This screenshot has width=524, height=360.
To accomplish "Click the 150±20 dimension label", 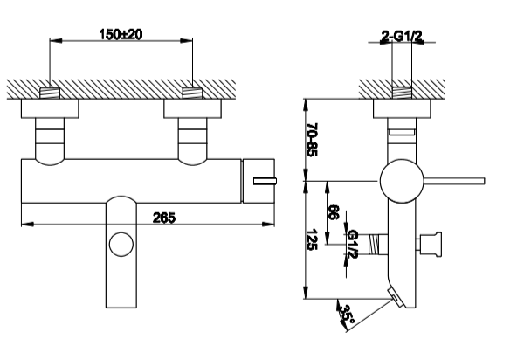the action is click(x=121, y=34).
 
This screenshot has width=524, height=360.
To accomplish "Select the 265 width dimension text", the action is click(x=164, y=218).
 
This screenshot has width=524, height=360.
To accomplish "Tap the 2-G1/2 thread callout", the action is click(x=402, y=36).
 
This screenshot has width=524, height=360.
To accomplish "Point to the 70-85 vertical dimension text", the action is click(x=312, y=140).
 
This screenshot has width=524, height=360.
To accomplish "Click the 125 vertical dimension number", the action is click(x=312, y=239).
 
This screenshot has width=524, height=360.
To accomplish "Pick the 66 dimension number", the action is click(x=334, y=212).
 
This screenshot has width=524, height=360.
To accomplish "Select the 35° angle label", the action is click(x=347, y=315).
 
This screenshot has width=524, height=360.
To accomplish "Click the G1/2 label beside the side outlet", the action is click(x=352, y=244).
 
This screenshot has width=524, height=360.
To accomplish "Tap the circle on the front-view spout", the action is click(x=121, y=245).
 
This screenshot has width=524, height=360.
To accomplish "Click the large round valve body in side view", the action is click(x=402, y=181).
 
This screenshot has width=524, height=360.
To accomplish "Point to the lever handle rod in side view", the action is click(x=454, y=181).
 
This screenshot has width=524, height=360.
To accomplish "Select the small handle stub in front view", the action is click(x=265, y=181).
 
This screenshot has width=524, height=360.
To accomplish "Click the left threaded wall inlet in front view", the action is click(x=50, y=93).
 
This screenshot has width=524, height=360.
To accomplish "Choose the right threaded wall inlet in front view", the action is click(x=192, y=93).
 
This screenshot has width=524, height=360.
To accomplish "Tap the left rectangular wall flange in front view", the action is click(x=50, y=108).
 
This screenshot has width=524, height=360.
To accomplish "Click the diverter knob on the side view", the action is click(x=430, y=245).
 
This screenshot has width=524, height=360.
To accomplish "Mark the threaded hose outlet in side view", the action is click(x=377, y=245).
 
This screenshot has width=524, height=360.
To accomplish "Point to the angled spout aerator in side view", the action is click(x=396, y=299).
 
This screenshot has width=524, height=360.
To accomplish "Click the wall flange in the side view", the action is click(x=402, y=108).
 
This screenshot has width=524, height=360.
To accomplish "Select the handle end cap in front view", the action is click(x=259, y=181).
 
